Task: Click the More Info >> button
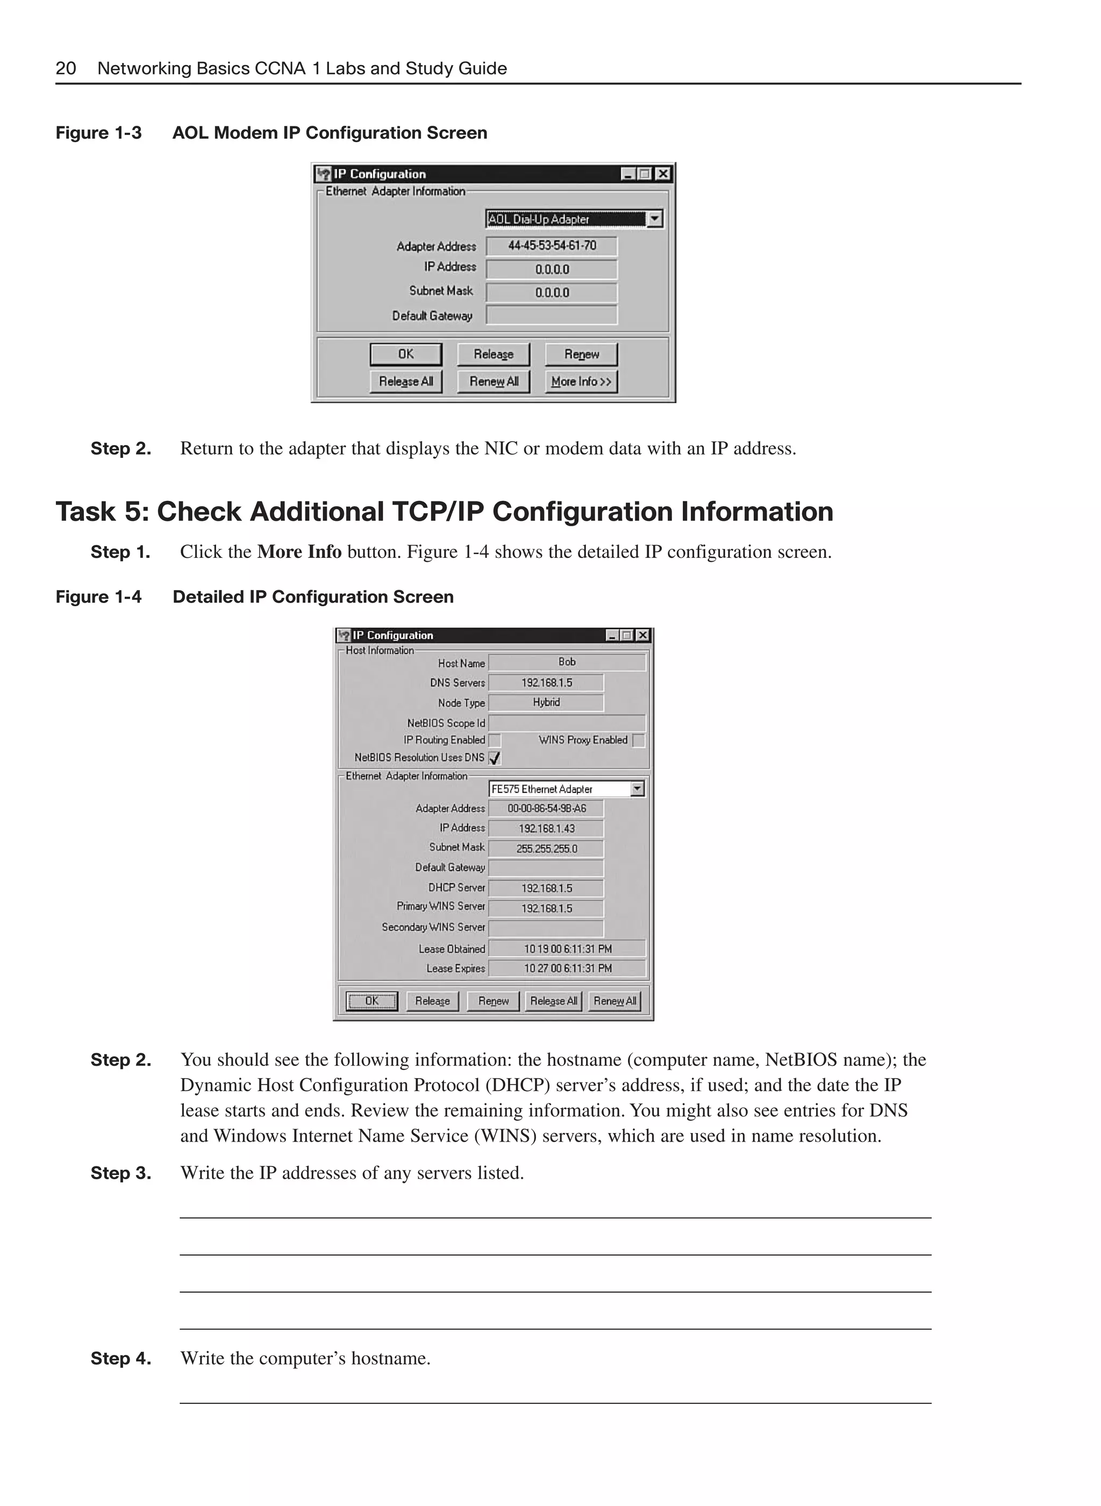point(581,381)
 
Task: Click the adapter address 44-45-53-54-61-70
point(552,246)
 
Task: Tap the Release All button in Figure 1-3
point(406,381)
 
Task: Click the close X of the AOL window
point(662,174)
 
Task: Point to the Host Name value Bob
point(567,662)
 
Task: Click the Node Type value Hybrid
point(546,702)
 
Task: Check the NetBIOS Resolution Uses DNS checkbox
point(495,758)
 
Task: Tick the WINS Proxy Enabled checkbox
point(639,740)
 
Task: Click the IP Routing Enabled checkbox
point(495,740)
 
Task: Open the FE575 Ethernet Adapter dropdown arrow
point(637,789)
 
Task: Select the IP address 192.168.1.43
point(546,828)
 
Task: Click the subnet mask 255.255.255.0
point(546,848)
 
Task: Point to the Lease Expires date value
point(567,968)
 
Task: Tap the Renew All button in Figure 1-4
point(614,1001)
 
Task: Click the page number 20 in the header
point(65,69)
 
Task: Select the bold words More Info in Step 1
point(299,552)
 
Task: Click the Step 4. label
point(120,1358)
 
